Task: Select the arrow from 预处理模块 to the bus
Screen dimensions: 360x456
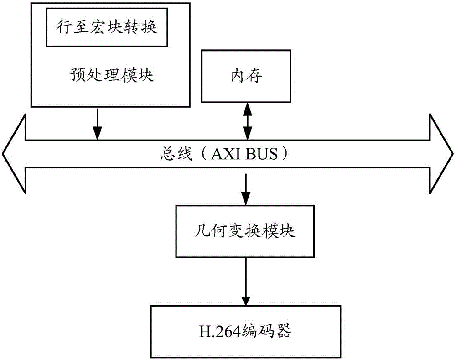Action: [97, 124]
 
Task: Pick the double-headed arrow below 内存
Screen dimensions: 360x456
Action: [247, 121]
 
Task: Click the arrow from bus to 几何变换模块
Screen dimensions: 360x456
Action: [246, 189]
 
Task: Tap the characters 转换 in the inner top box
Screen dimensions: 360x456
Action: [145, 28]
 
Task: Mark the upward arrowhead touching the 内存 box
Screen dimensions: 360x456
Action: [247, 108]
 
